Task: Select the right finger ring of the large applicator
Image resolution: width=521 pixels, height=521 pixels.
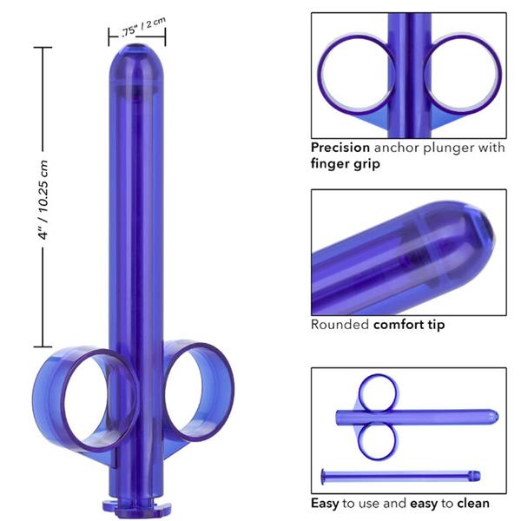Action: click(x=201, y=382)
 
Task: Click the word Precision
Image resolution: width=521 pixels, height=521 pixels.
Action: click(x=341, y=148)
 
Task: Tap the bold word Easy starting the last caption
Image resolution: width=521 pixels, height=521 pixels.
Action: click(x=326, y=503)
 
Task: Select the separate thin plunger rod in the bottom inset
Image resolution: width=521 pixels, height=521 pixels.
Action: click(x=399, y=473)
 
